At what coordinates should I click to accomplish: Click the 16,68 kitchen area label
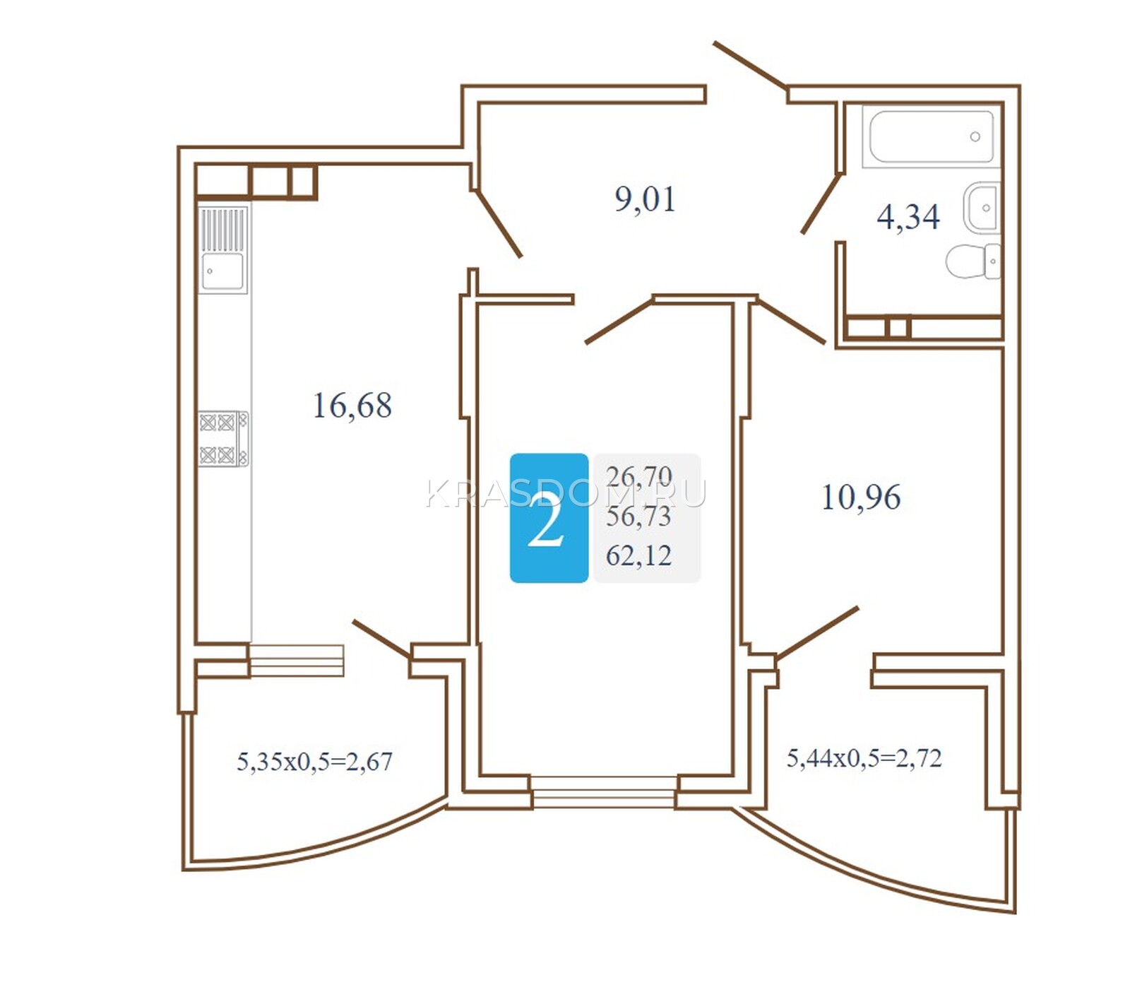point(352,406)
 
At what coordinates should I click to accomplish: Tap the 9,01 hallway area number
point(645,199)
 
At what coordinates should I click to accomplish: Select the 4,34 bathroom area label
point(908,217)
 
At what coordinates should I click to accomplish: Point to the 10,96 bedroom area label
point(861,497)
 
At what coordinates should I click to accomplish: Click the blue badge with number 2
point(549,518)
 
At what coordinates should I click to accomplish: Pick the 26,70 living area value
point(638,478)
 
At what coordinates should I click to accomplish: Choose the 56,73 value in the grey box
point(638,517)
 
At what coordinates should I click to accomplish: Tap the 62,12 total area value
point(638,556)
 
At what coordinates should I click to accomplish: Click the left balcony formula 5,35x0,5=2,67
point(314,762)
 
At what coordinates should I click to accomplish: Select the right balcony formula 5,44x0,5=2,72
point(864,758)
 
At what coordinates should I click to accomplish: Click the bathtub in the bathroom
point(931,136)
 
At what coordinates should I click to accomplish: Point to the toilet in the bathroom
point(973,261)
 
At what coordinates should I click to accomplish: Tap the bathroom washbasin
point(982,208)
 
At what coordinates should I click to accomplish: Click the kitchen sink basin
point(222,271)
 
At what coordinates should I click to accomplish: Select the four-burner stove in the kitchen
point(223,439)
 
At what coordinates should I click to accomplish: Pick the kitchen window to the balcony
point(297,660)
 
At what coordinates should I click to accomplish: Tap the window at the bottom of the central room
point(603,791)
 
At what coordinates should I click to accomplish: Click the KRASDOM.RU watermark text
point(566,493)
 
